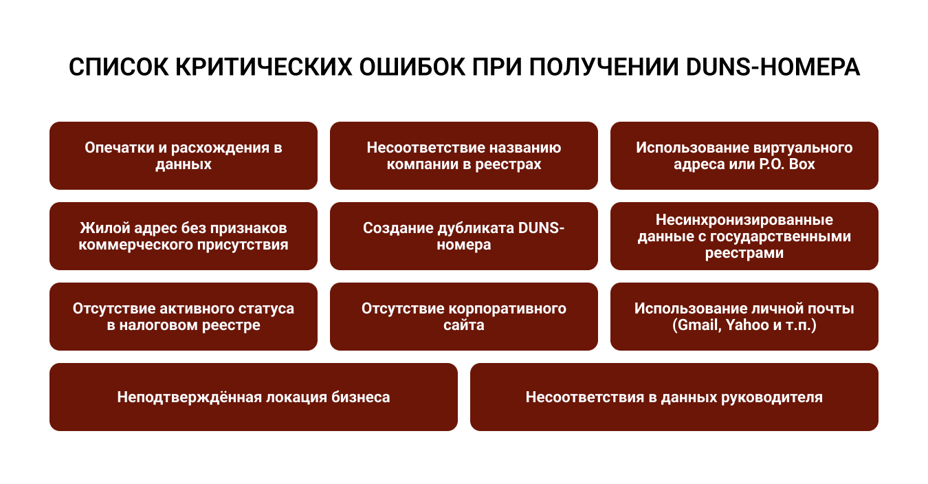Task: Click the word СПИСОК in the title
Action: coord(119,67)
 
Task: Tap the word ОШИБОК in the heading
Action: coord(412,67)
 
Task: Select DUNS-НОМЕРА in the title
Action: coord(773,67)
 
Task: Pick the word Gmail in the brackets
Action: coord(697,325)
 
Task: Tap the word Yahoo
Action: coord(747,325)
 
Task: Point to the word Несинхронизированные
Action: coord(744,219)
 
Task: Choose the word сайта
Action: coord(463,325)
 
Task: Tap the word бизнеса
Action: coord(360,397)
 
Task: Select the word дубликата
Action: coord(474,228)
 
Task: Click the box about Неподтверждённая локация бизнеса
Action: coord(254,397)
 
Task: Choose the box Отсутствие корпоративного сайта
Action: coord(463,316)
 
